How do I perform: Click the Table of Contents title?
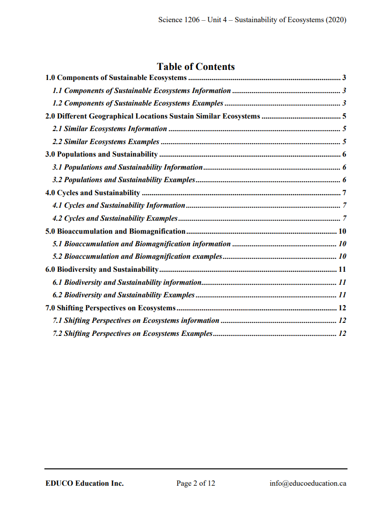tap(195, 66)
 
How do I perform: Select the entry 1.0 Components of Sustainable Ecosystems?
tap(116, 78)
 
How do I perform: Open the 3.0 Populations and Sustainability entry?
tap(101, 154)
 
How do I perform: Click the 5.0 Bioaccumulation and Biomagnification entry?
tap(115, 231)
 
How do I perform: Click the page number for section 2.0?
tap(344, 116)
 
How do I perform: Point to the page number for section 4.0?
tap(344, 193)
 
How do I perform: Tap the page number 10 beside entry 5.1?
tap(342, 244)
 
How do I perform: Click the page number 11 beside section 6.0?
tap(342, 269)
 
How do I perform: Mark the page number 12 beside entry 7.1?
tap(342, 320)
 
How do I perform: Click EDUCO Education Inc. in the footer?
tap(84, 483)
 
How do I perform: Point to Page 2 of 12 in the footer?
tap(195, 483)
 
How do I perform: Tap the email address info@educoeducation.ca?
tap(308, 483)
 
